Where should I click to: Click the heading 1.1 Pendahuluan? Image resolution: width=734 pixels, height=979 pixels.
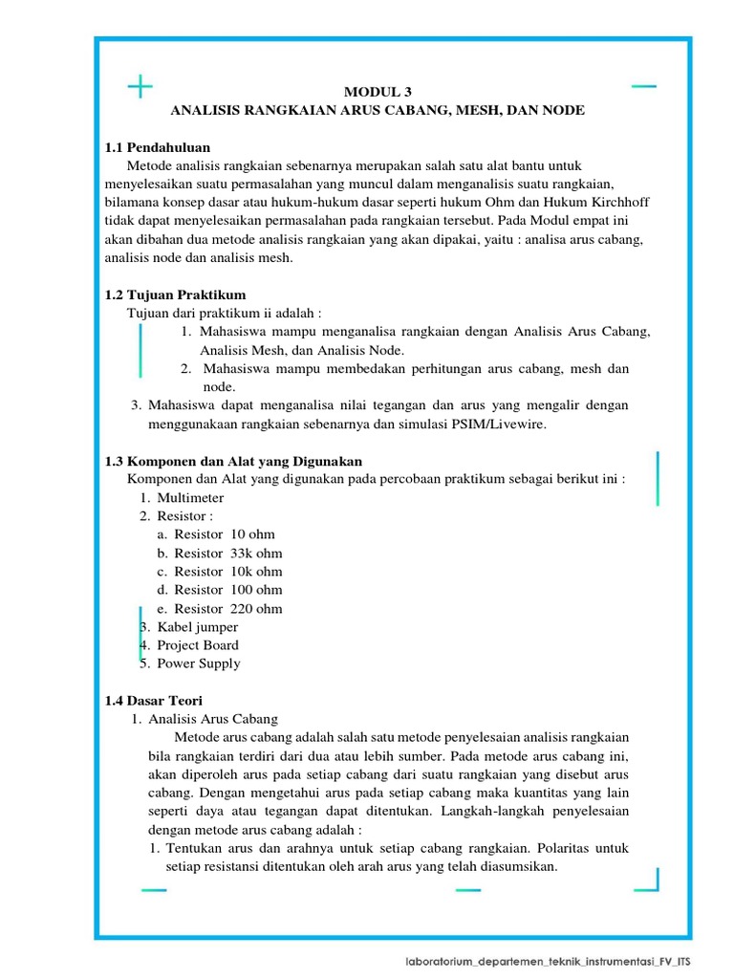point(158,147)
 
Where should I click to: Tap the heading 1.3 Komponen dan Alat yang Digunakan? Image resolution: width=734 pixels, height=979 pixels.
point(233,461)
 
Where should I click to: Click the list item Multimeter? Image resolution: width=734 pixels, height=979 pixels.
point(190,498)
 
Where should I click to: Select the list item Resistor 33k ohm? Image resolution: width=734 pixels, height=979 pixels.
point(227,553)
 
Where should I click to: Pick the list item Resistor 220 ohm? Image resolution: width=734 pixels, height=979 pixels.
point(227,608)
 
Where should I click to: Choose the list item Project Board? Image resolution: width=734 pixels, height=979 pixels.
point(198,645)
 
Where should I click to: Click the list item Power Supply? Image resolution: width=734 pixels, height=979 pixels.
point(199,664)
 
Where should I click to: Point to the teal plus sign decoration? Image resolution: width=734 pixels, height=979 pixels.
point(140,87)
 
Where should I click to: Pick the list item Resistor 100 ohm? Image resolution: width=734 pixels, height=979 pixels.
point(227,590)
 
